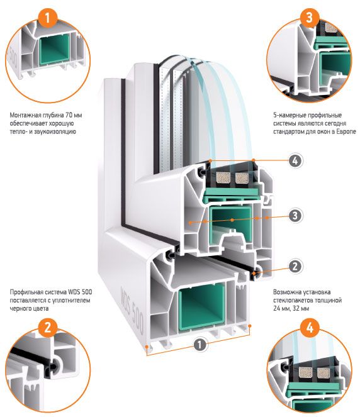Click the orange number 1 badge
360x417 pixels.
click(x=47, y=18)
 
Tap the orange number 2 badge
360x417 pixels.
click(x=47, y=327)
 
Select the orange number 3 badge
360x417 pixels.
click(x=310, y=18)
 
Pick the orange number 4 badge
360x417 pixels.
click(x=310, y=327)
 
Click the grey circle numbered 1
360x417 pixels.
click(x=200, y=345)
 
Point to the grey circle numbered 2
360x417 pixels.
click(x=295, y=266)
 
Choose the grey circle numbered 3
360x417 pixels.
click(x=295, y=215)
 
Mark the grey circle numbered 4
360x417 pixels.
click(x=295, y=160)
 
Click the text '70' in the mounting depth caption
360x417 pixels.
click(x=69, y=115)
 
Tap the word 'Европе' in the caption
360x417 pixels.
click(x=346, y=131)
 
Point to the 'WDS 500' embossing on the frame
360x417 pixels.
click(x=132, y=309)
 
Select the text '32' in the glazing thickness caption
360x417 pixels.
click(x=295, y=309)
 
